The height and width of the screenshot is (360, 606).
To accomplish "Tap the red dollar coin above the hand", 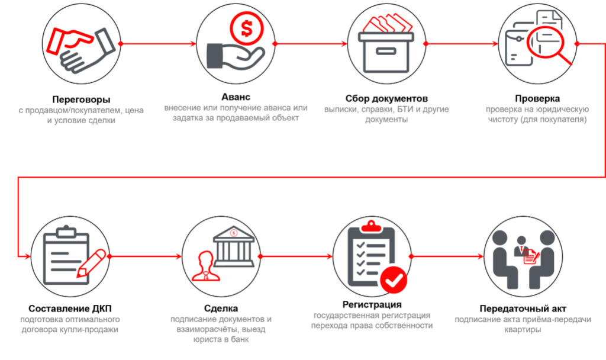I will coord(244,28).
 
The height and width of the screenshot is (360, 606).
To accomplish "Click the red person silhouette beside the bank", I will coord(205,266).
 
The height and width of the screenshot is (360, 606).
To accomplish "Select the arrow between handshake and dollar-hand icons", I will coord(157,43).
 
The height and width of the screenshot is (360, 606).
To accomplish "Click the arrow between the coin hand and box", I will coord(311,43).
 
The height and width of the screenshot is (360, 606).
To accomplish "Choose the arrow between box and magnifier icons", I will coord(462,43).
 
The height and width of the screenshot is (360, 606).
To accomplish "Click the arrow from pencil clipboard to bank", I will coord(145,256).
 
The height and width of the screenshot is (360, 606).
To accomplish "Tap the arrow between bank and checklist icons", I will coord(296,256).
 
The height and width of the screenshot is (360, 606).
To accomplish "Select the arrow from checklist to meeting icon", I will coord(447,256).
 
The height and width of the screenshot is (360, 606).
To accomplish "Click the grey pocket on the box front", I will coord(385,52).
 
